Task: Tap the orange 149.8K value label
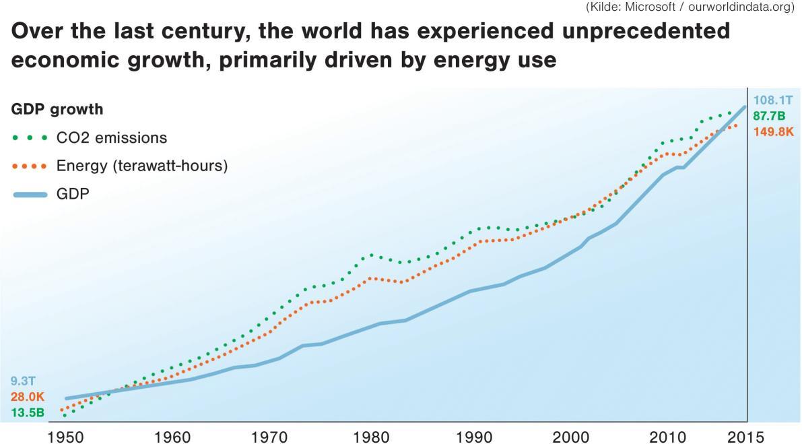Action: [x=774, y=131]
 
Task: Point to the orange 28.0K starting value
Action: [x=27, y=397]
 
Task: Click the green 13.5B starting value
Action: [x=27, y=412]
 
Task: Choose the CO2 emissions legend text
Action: [x=112, y=137]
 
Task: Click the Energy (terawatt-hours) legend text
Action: [x=142, y=166]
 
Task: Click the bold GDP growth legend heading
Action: [x=57, y=109]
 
